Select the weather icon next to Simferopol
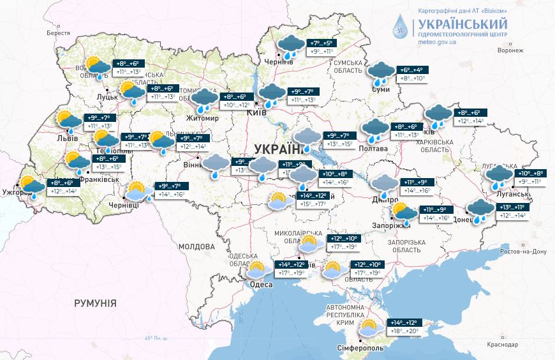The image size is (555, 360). pyautogui.click(x=368, y=328)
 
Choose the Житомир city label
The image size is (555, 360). pyautogui.click(x=203, y=119)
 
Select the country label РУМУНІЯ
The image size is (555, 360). pyautogui.click(x=95, y=303)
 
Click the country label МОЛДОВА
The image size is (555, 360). pyautogui.click(x=196, y=246)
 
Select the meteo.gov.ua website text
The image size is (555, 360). pyautogui.click(x=437, y=41)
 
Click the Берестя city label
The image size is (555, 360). pyautogui.click(x=57, y=33)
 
